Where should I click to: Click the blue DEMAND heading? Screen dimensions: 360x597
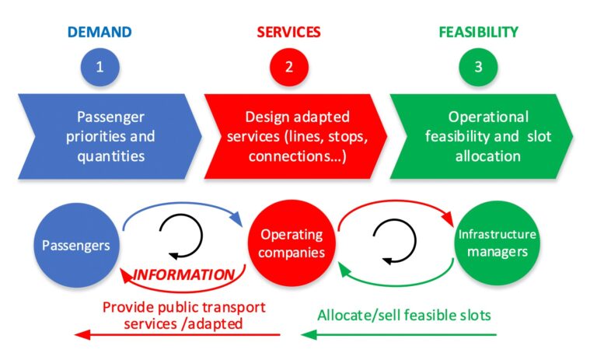click(x=99, y=32)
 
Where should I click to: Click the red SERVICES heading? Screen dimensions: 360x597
click(x=289, y=32)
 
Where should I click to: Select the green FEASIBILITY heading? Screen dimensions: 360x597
click(x=478, y=32)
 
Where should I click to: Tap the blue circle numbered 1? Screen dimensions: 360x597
click(x=99, y=67)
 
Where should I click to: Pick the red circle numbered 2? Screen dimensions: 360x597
click(x=289, y=67)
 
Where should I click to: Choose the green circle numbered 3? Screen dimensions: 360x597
click(x=478, y=67)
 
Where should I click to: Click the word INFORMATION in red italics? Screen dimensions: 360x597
click(x=183, y=274)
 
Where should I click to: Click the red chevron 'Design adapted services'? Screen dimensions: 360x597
click(x=298, y=136)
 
